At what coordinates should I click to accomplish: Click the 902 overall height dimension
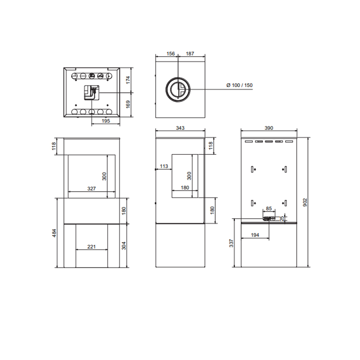[305, 202]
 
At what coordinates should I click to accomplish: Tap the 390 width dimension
[269, 128]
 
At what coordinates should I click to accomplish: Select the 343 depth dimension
[180, 128]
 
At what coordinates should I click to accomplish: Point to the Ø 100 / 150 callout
[239, 85]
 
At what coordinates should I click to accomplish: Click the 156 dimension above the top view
[171, 54]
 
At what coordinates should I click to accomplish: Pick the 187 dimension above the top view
[190, 54]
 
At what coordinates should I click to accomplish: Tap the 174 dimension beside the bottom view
[128, 80]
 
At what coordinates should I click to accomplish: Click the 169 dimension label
[128, 104]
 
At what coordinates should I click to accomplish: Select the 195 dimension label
[106, 121]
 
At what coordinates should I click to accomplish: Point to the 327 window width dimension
[91, 189]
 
